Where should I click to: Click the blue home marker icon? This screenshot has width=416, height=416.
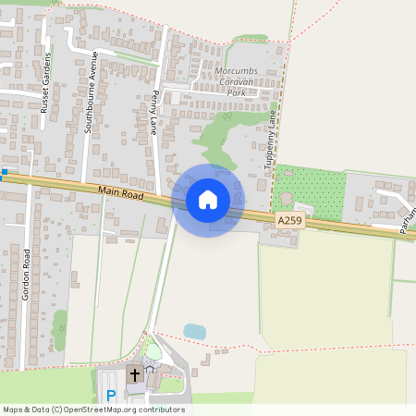point(208,200)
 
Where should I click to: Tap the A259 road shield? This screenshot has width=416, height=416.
point(289,221)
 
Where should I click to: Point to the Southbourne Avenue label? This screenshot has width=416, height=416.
point(91,92)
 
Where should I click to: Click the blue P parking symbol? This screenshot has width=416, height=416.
point(111,396)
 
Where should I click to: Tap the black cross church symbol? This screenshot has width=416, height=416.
point(134,375)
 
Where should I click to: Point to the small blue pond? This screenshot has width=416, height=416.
point(194,331)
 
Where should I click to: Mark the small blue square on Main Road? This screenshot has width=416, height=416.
point(4,172)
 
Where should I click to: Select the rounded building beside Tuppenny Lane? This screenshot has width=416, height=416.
point(286,199)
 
